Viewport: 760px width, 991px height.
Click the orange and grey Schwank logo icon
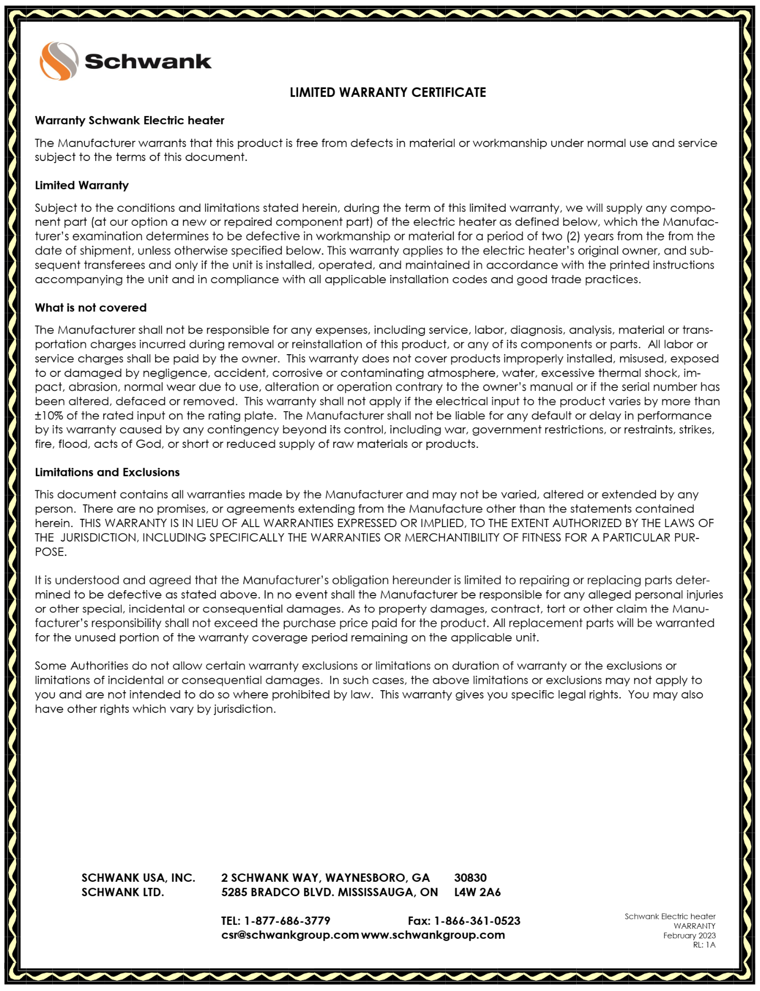[59, 61]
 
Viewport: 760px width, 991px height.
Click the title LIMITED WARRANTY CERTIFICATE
[388, 93]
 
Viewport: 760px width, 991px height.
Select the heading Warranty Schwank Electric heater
[129, 121]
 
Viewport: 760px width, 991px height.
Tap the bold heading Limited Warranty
[82, 185]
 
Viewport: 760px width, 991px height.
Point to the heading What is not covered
[91, 308]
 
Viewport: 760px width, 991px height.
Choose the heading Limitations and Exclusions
[107, 472]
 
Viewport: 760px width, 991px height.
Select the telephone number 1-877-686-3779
[287, 921]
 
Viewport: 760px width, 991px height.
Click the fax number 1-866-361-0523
[477, 921]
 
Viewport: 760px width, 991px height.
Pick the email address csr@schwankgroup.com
[290, 935]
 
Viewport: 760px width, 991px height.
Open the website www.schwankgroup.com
[433, 935]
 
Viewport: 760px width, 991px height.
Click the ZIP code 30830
[470, 878]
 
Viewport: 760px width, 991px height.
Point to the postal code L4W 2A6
[477, 892]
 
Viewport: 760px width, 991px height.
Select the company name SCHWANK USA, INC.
[138, 878]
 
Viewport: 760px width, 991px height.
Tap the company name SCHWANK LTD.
[123, 892]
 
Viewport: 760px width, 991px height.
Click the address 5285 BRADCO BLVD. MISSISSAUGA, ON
[329, 892]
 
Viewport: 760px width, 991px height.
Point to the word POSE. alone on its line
[51, 552]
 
